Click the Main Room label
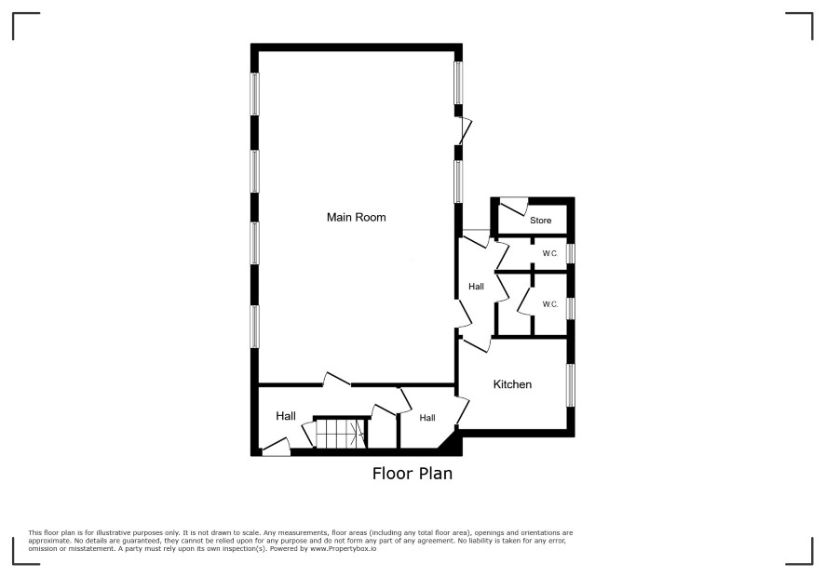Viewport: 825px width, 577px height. pyautogui.click(x=357, y=217)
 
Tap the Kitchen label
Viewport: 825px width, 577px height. pyautogui.click(x=512, y=384)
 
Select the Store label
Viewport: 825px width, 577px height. pyautogui.click(x=540, y=221)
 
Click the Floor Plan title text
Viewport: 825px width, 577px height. pyautogui.click(x=412, y=474)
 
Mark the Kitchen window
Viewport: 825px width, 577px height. pyautogui.click(x=571, y=385)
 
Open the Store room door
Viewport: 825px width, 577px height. pyautogui.click(x=513, y=207)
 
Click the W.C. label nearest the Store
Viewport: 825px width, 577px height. pyautogui.click(x=549, y=253)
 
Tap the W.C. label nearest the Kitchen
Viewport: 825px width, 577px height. pyautogui.click(x=549, y=304)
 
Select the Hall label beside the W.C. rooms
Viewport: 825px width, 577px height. pyautogui.click(x=476, y=287)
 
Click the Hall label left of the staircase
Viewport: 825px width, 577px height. pyautogui.click(x=286, y=416)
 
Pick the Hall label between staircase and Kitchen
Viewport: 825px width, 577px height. pyautogui.click(x=427, y=418)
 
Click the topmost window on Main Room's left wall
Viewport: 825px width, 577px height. pyautogui.click(x=254, y=94)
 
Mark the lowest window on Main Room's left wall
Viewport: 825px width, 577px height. pyautogui.click(x=254, y=327)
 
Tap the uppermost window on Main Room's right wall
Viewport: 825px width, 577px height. pyautogui.click(x=458, y=83)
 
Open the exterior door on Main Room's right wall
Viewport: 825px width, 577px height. pyautogui.click(x=464, y=131)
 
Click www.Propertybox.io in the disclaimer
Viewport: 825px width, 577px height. pyautogui.click(x=343, y=548)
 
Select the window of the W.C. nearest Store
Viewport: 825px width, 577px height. pyautogui.click(x=571, y=253)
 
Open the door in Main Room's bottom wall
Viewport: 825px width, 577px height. pyautogui.click(x=337, y=380)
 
